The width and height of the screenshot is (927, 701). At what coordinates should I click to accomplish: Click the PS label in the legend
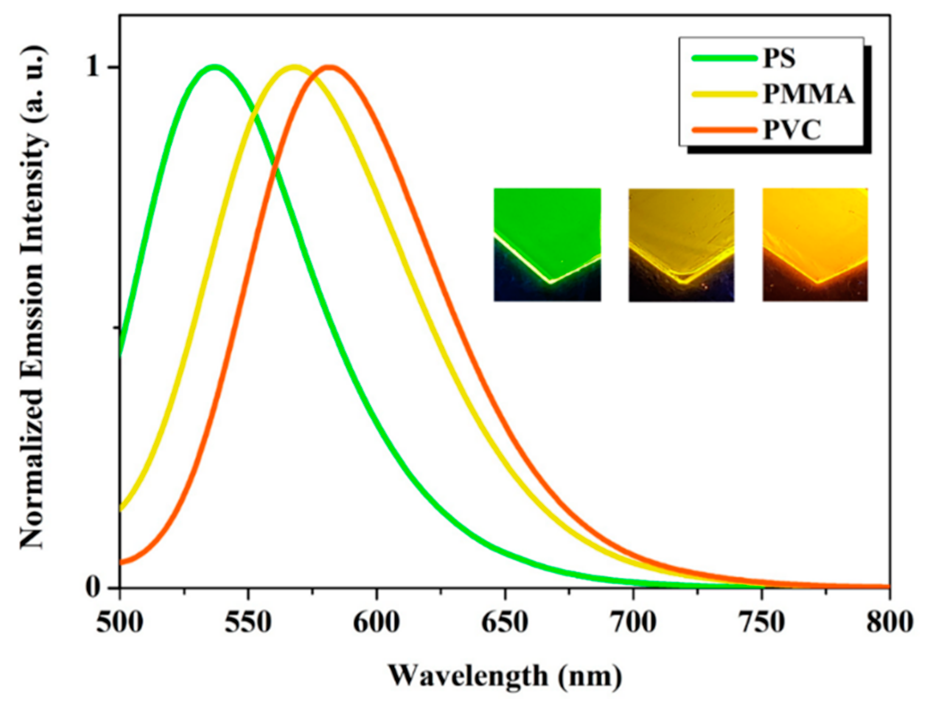779,58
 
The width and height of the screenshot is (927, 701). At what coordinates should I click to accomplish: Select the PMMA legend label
808,94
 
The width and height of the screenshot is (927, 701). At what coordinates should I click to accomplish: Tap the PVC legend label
792,130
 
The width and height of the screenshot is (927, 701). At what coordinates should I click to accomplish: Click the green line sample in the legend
724,58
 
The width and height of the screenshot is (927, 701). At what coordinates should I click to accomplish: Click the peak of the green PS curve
215,67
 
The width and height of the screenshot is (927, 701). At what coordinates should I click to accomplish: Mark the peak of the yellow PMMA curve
295,67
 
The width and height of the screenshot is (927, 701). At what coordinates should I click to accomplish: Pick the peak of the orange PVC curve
330,67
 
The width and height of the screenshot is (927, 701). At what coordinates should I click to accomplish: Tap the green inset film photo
547,245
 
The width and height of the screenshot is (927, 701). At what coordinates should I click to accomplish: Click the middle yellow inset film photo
681,245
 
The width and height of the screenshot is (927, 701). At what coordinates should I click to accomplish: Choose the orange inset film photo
815,245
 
